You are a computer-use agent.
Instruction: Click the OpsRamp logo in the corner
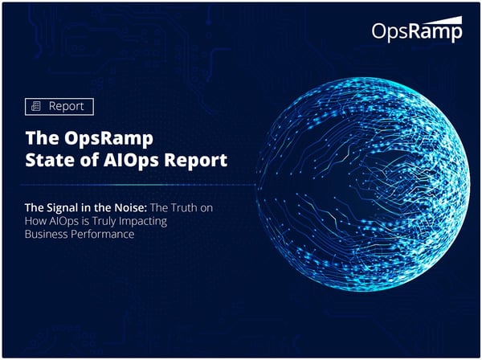[417, 31]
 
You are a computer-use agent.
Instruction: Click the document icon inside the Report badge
[35, 106]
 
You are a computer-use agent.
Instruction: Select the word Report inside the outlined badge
[66, 106]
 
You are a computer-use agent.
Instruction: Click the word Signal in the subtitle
[68, 207]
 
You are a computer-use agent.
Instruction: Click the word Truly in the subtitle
[107, 221]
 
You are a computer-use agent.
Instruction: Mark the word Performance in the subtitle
[113, 235]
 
